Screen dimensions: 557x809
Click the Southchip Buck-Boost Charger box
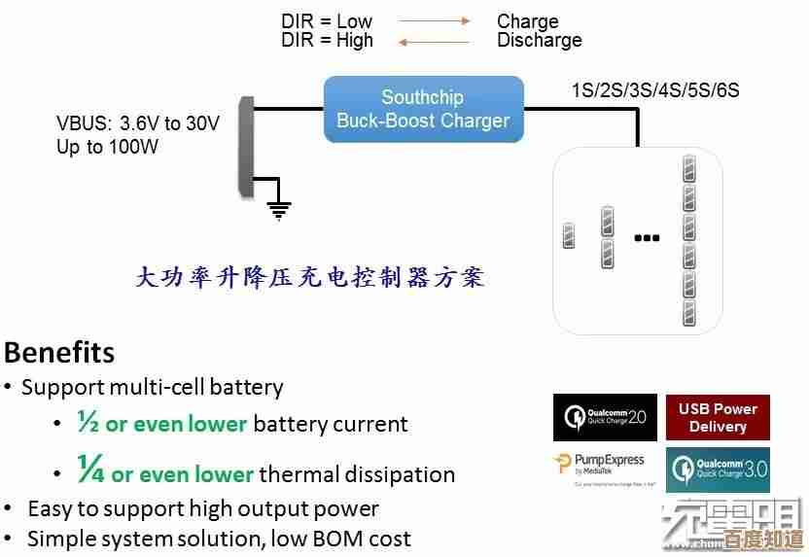coord(423,110)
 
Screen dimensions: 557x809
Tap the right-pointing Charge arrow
coord(435,21)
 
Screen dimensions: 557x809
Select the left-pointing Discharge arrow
coord(435,41)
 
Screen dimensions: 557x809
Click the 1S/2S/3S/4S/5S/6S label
coord(655,90)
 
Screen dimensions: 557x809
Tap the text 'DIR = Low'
coord(327,21)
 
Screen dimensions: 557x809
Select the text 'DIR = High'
coord(328,41)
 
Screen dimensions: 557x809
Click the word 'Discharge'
coord(539,41)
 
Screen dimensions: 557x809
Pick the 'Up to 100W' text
coord(107,148)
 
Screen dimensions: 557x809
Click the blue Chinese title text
coord(309,277)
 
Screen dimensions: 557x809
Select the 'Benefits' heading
coord(59,351)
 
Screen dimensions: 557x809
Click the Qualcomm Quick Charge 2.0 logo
coord(606,418)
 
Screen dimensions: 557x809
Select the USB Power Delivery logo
coord(718,418)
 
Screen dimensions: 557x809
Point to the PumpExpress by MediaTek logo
coord(606,468)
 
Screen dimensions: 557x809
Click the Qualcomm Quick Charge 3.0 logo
coord(718,470)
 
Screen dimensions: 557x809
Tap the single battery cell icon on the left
coord(570,236)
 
